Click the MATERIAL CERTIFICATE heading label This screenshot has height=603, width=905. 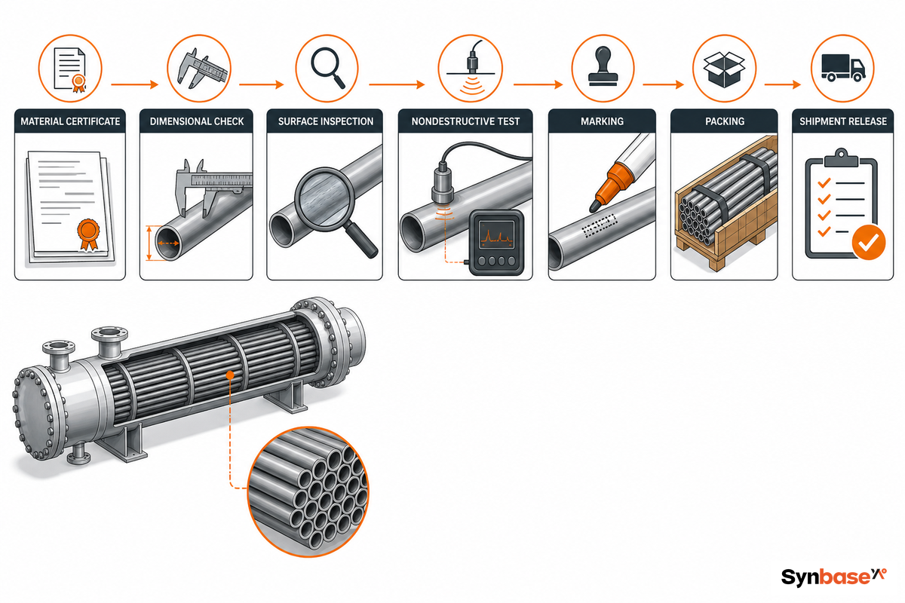point(70,121)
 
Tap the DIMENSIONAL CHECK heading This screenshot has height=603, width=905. point(197,121)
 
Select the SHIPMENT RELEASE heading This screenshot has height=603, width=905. point(843,121)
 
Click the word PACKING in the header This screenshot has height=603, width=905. point(725,121)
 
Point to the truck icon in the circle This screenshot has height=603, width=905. point(843,69)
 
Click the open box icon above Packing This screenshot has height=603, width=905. point(725,69)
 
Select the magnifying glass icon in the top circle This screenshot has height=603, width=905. point(327,67)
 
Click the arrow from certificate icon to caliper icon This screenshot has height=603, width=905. point(134,84)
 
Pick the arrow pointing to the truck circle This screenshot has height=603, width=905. point(783,84)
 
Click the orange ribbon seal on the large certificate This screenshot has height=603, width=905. point(88,234)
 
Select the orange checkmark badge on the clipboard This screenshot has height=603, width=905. point(869,243)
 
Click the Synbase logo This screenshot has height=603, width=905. point(834,577)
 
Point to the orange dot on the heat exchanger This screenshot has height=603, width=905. point(230,375)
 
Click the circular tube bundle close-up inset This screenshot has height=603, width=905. point(308,492)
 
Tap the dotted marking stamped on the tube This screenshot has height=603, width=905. point(599,225)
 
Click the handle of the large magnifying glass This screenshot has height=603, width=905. point(361,240)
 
